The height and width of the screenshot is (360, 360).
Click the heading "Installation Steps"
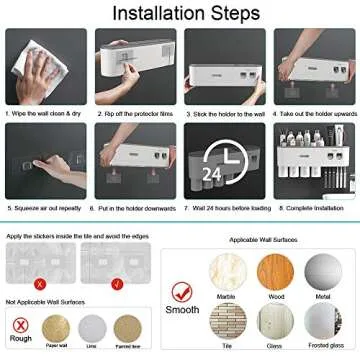click(x=180, y=14)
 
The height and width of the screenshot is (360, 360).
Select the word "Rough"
click(x=20, y=336)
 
